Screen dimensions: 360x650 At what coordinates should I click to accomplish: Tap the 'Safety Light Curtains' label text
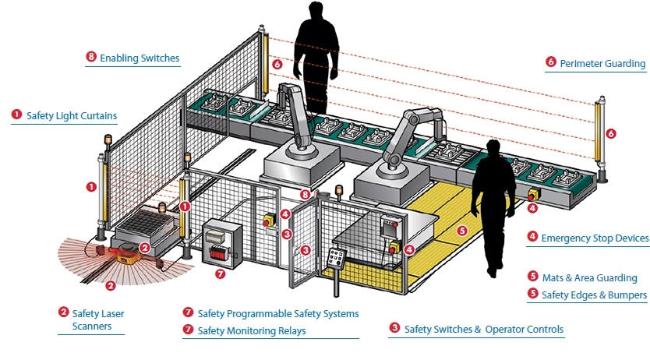pyautogui.click(x=71, y=115)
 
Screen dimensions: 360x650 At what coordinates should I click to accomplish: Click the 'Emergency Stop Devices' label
pyautogui.click(x=595, y=238)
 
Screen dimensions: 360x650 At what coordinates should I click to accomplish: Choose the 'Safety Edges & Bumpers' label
pyautogui.click(x=594, y=295)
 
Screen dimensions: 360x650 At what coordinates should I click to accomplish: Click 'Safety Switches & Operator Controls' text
pyautogui.click(x=483, y=329)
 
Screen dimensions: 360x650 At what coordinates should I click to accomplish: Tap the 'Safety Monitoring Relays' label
pyautogui.click(x=251, y=330)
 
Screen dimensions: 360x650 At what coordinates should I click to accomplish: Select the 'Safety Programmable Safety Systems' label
pyautogui.click(x=277, y=313)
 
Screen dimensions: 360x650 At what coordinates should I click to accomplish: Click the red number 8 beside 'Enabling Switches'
pyautogui.click(x=91, y=58)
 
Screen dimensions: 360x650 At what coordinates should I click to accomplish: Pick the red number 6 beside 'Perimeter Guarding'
pyautogui.click(x=551, y=62)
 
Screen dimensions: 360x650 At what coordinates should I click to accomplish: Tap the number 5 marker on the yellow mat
pyautogui.click(x=461, y=231)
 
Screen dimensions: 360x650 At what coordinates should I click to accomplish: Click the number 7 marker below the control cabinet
pyautogui.click(x=220, y=274)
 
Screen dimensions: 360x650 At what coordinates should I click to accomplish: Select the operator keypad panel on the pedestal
pyautogui.click(x=337, y=259)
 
